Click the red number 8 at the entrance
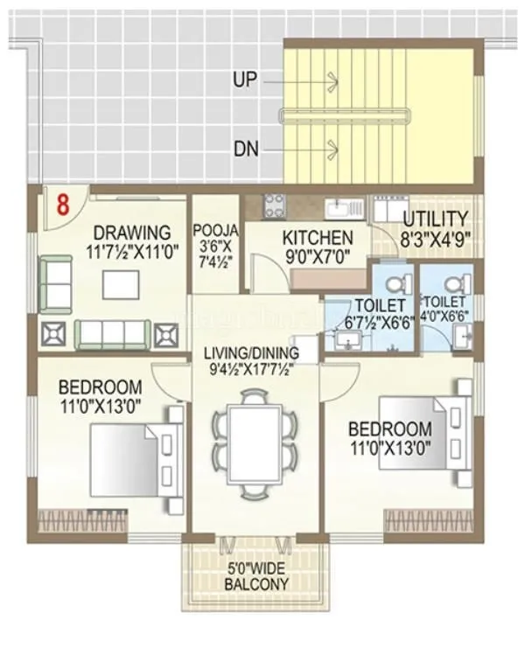coord(62,207)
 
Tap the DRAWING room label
coord(132,233)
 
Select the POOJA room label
coord(211,232)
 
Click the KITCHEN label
coord(318,237)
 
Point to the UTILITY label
coord(435,219)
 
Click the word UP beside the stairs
coord(245,80)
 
